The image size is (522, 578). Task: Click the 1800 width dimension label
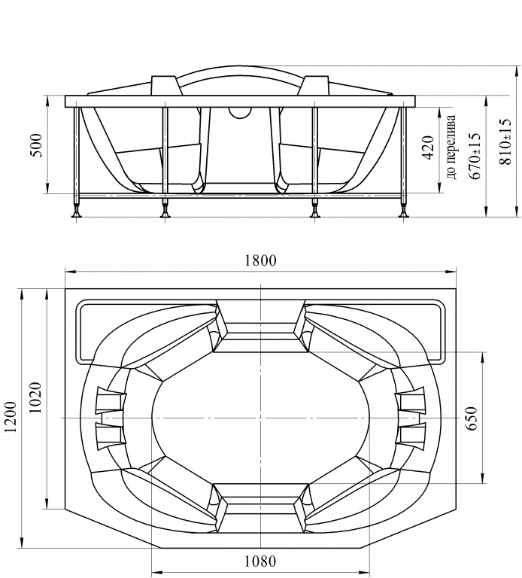pos(260,260)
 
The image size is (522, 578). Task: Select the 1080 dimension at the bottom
pos(260,561)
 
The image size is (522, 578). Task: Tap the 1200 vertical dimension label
pos(11,416)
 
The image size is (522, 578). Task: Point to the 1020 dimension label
pos(36,397)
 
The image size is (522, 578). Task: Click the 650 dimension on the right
pos(471,418)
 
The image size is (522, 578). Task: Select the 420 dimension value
pos(427,148)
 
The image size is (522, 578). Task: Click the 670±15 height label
pos(475,156)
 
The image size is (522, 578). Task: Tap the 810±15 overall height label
pos(505,141)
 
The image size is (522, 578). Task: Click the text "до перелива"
pos(451,147)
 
